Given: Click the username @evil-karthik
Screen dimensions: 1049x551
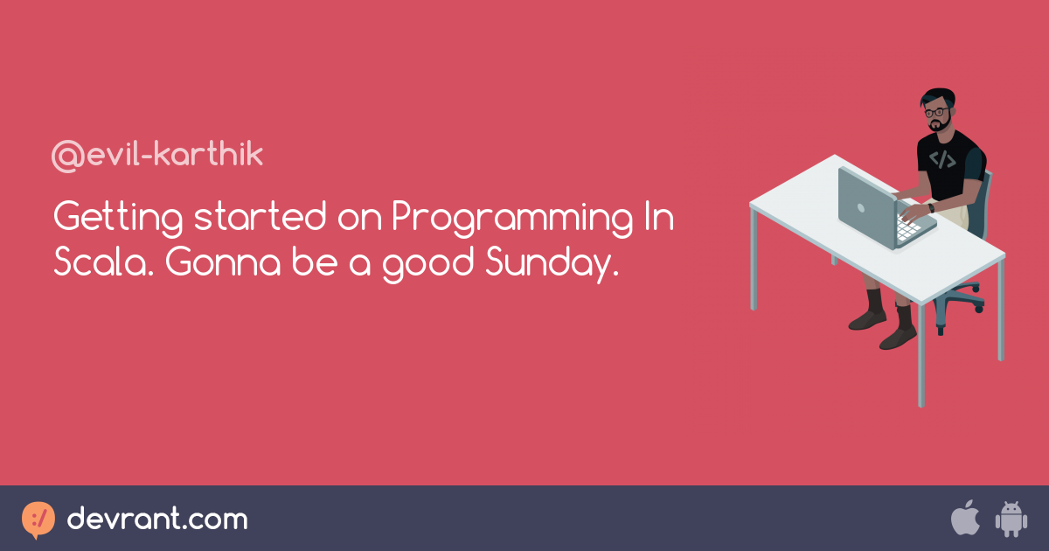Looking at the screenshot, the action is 157,156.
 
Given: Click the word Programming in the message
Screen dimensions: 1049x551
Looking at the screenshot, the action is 512,219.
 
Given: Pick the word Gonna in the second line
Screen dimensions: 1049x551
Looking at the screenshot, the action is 223,262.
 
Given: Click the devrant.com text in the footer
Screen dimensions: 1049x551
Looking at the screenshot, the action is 157,519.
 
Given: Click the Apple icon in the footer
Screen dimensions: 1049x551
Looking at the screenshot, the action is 965,518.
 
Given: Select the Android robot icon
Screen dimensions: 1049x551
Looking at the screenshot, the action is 1011,520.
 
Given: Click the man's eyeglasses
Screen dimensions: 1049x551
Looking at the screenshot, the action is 936,113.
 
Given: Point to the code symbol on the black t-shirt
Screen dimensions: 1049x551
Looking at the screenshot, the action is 942,159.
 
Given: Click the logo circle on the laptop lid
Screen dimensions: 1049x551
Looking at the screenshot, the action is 861,208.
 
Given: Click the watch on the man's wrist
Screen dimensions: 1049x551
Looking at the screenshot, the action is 931,207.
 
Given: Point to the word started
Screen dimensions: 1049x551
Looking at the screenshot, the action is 261,217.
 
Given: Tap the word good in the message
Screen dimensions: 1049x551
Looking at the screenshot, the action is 428,264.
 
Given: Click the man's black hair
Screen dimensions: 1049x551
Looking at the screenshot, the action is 939,97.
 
